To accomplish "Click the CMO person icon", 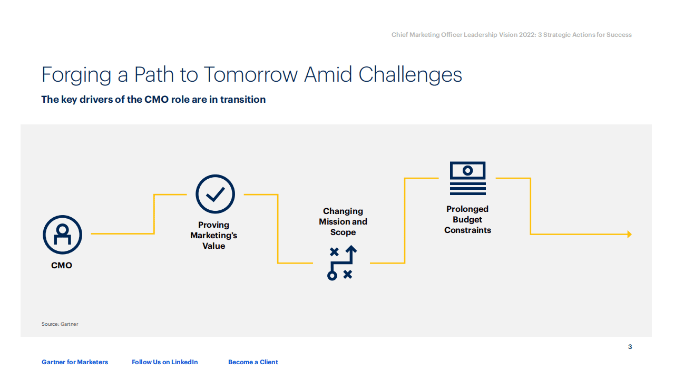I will pos(62,235).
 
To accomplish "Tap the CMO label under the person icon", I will pos(62,266).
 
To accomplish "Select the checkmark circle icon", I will pos(215,194).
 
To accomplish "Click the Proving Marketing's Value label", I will pos(213,236).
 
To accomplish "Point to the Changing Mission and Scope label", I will pos(343,222).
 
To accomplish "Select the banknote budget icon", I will pos(467,178).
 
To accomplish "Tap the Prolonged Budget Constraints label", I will pos(467,220).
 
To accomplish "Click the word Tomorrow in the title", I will pos(250,75).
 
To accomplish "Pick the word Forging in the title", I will pos(76,75).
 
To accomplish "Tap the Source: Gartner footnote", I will pos(60,324).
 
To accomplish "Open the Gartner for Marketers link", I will pos(75,362).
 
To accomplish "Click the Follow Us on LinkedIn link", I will pos(165,362).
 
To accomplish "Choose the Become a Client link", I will pos(253,362).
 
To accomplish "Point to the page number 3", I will pos(630,347).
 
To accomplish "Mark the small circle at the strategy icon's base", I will pos(332,275).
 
